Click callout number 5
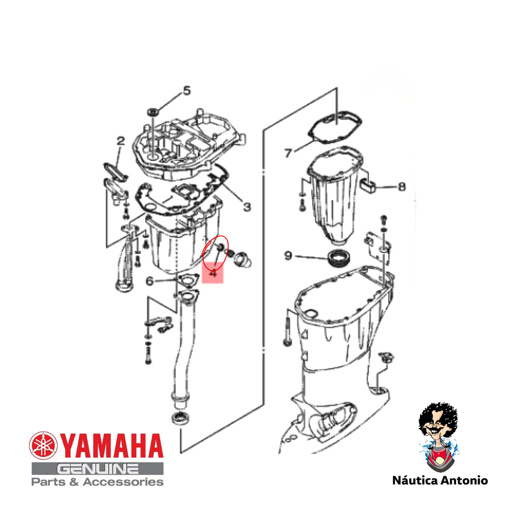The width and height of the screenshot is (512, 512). (186, 91)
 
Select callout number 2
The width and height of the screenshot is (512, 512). (121, 141)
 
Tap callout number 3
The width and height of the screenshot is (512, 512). (247, 207)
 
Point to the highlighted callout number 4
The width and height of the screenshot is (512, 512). (213, 273)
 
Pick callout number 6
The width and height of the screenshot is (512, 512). (149, 281)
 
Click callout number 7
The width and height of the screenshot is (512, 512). (288, 153)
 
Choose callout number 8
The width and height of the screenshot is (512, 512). (402, 187)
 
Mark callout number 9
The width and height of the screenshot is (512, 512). (288, 256)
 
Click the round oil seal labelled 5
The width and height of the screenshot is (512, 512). (153, 112)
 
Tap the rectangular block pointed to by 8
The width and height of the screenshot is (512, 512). (368, 185)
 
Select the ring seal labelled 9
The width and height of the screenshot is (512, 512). (340, 258)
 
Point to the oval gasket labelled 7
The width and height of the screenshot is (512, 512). (335, 128)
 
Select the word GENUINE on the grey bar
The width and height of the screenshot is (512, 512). (98, 469)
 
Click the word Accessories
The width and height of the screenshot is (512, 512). (123, 482)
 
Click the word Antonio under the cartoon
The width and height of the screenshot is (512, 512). (464, 480)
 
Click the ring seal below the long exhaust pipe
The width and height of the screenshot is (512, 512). (181, 418)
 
